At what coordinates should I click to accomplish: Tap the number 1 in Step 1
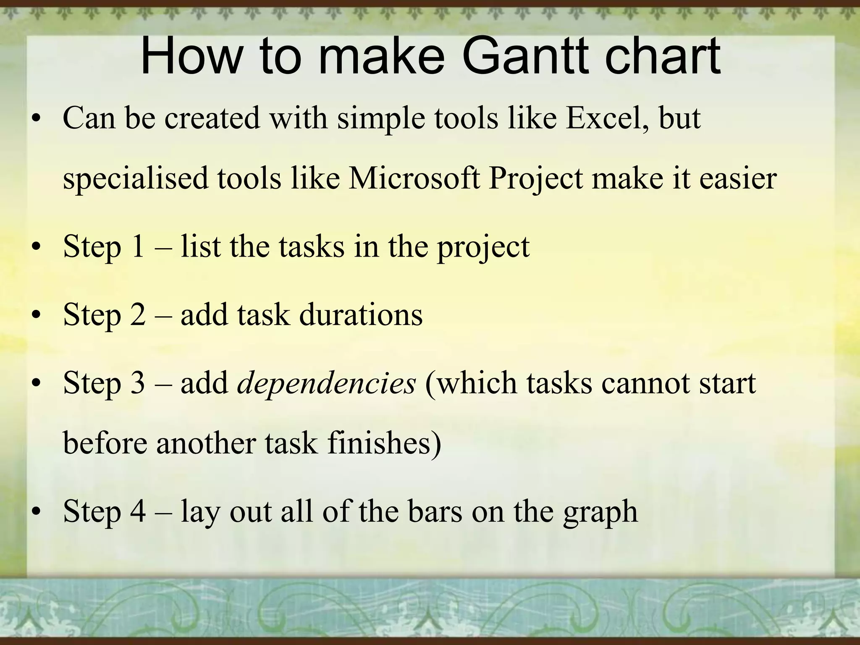[x=137, y=247]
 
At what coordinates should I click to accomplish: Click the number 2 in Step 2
[x=138, y=315]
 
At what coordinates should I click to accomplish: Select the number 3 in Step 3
[x=137, y=383]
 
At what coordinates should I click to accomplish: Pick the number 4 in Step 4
[x=138, y=512]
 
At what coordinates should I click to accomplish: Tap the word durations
[x=361, y=315]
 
